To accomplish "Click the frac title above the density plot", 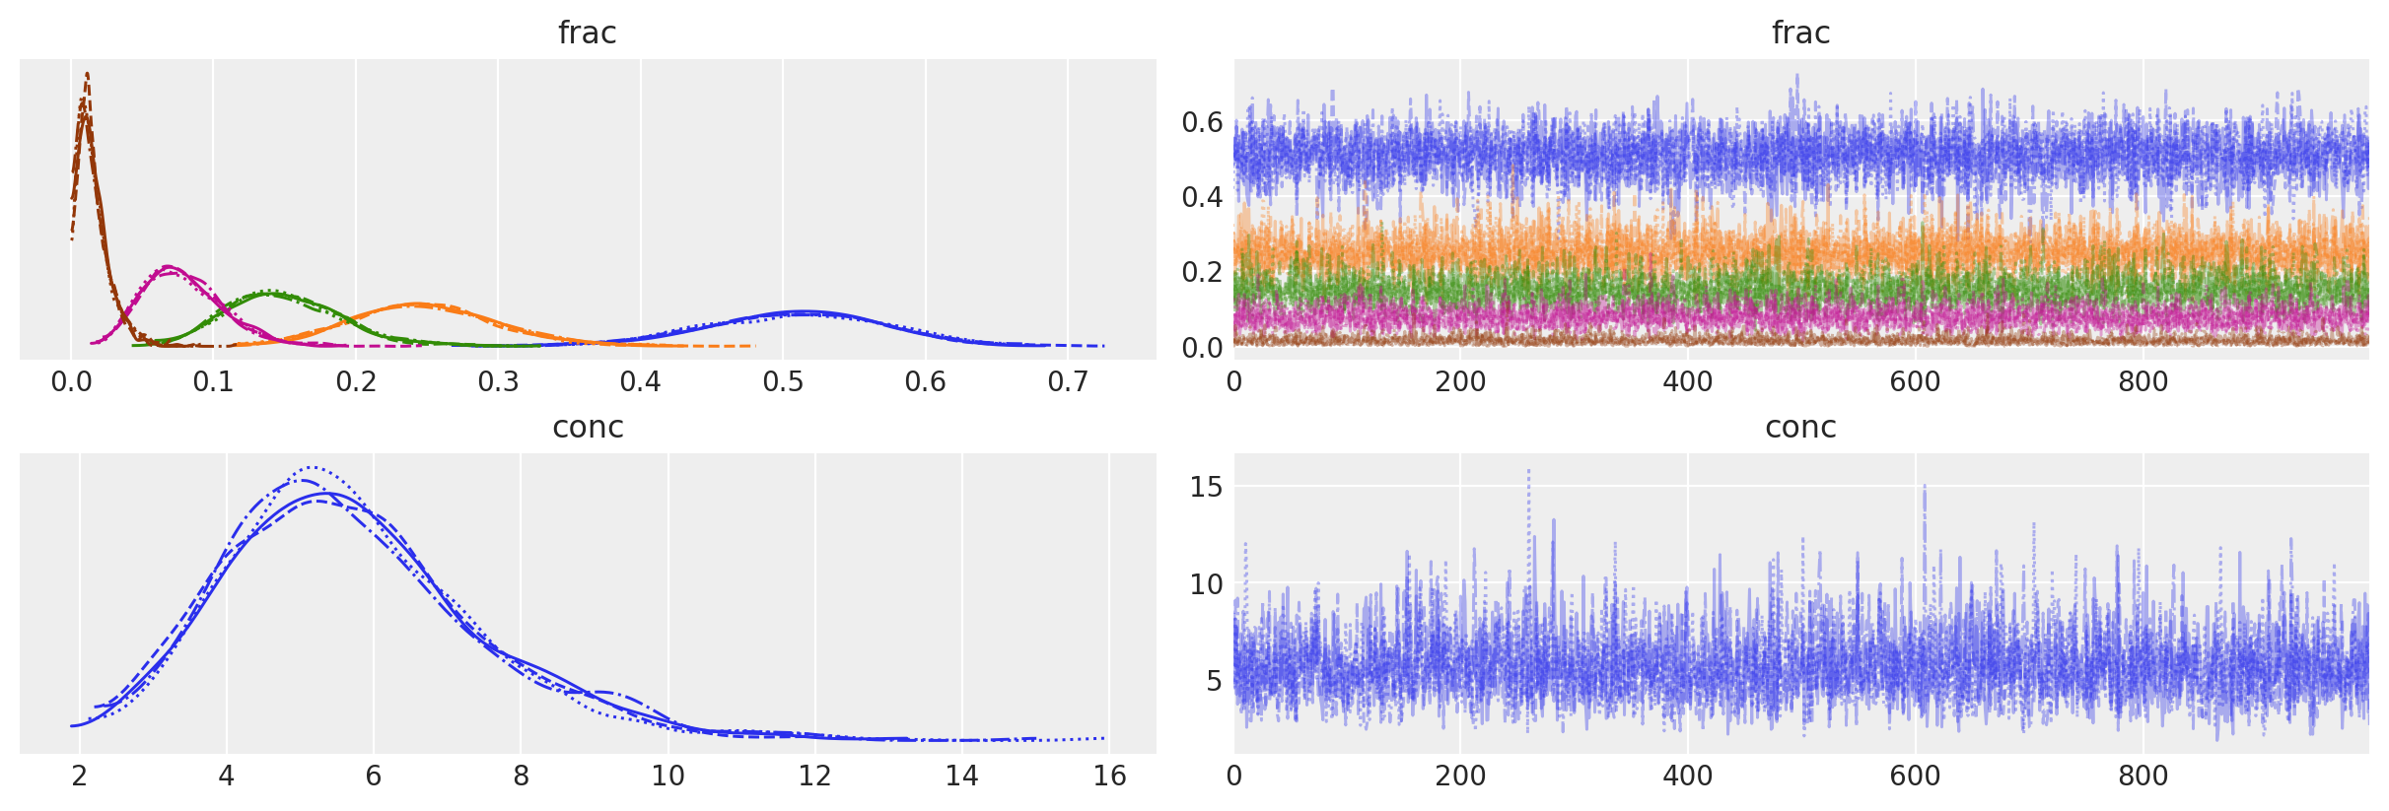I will [x=587, y=33].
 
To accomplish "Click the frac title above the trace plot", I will [x=1800, y=33].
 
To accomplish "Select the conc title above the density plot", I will [x=588, y=427].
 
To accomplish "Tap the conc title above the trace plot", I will [x=1800, y=427].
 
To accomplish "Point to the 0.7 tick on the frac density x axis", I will [x=1068, y=381].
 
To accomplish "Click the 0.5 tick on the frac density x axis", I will [x=783, y=381].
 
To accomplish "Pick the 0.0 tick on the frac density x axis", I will [x=71, y=381].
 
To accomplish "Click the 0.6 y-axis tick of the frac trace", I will [x=1202, y=122].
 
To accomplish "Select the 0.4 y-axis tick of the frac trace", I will [x=1202, y=197].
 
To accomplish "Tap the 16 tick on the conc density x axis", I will [x=1109, y=776].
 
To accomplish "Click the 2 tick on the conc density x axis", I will [x=80, y=776].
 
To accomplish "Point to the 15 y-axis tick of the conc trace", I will [x=1206, y=487].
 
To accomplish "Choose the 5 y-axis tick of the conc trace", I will [x=1213, y=681].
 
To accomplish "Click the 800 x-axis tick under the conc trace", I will [x=2143, y=776].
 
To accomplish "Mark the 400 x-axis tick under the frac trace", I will [x=1688, y=381].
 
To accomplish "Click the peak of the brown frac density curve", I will [x=87, y=74].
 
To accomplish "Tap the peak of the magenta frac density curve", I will [x=168, y=266].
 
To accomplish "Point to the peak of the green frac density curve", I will [x=268, y=291].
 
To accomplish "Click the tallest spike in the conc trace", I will [x=1529, y=470].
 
